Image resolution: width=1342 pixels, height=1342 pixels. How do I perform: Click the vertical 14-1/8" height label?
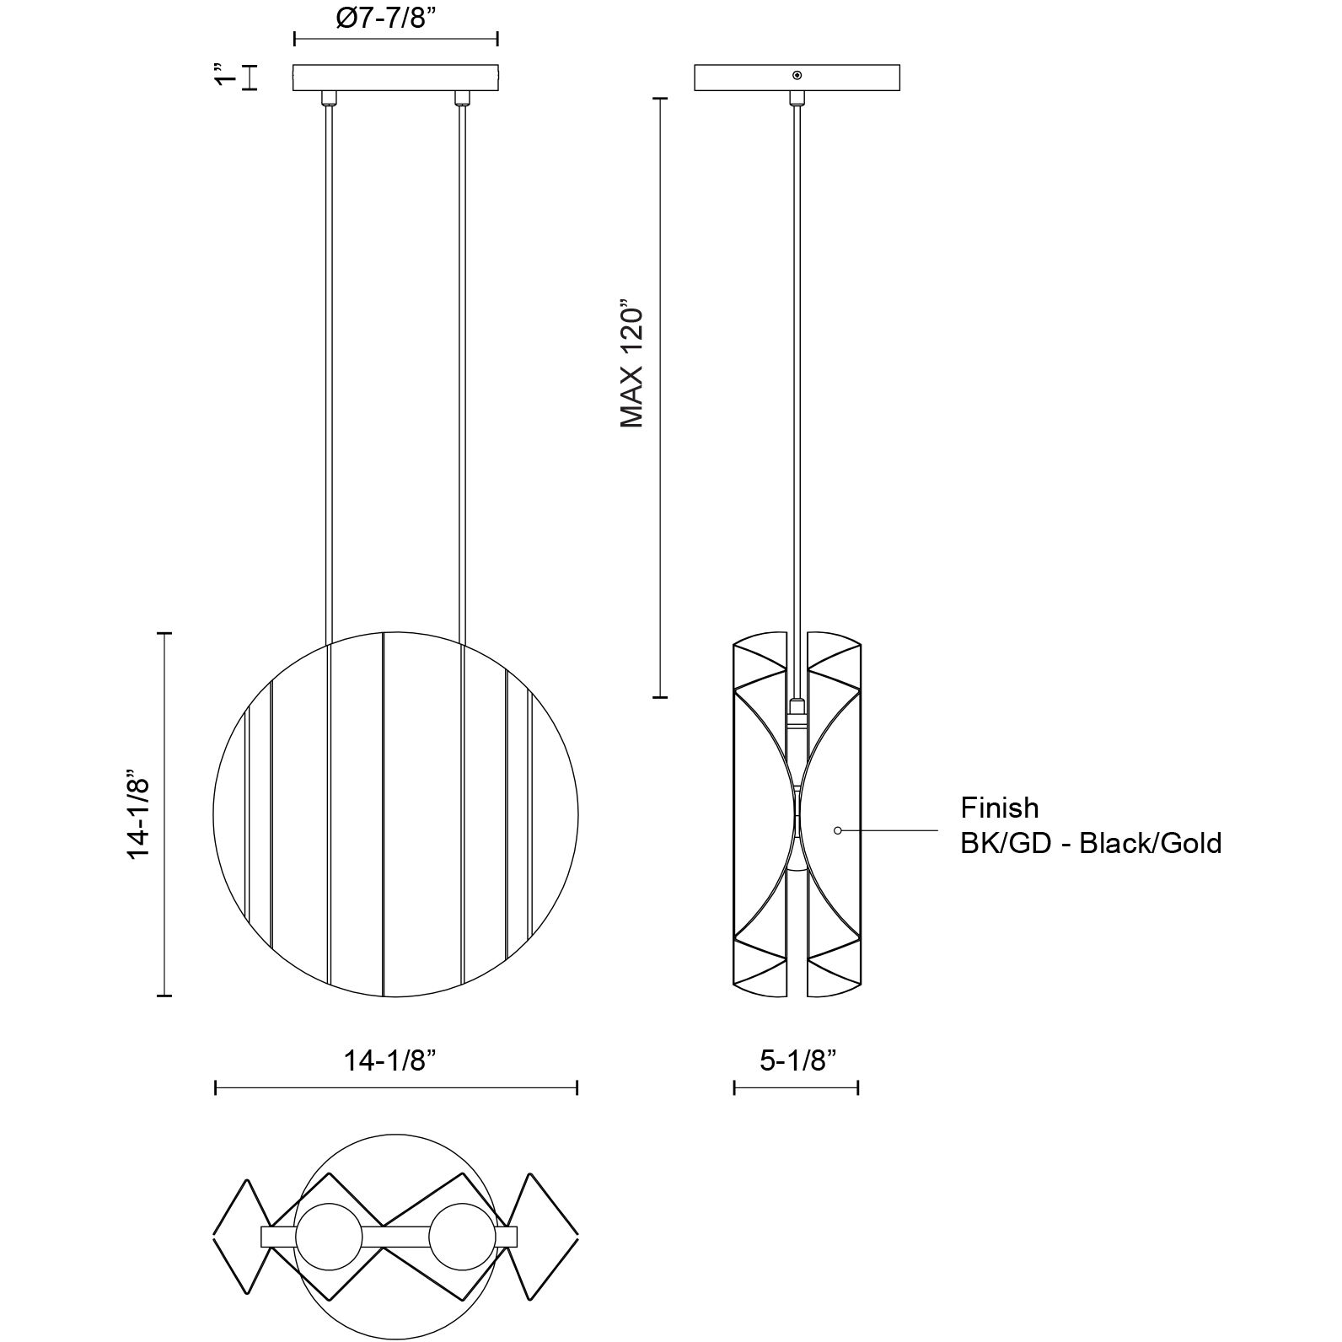(x=138, y=813)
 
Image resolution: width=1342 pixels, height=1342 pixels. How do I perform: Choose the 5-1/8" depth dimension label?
(x=797, y=1060)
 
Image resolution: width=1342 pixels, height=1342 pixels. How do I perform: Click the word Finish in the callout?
(x=1000, y=808)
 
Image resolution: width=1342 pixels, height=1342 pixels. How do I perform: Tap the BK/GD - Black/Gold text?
(x=1091, y=843)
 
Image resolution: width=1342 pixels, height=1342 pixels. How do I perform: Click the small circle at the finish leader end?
(x=837, y=831)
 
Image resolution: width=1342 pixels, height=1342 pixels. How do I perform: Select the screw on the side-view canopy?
(x=797, y=75)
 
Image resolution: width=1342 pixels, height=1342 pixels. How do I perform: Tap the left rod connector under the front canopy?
(x=326, y=98)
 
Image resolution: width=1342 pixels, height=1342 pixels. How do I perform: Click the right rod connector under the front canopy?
(x=461, y=98)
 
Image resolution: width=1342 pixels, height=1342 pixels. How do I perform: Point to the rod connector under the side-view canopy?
(x=796, y=98)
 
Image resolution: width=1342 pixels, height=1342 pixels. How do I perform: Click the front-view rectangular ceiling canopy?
(x=395, y=77)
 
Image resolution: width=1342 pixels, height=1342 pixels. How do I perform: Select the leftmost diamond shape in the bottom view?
(x=241, y=1236)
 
